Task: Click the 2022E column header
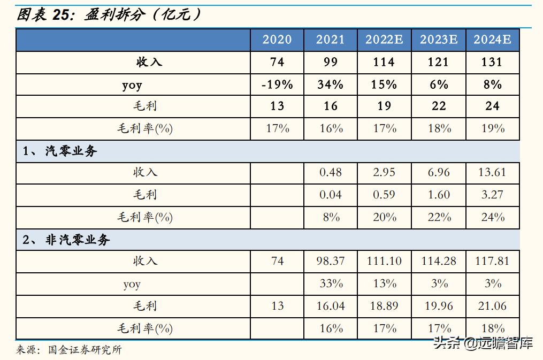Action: click(x=384, y=40)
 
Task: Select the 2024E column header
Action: click(x=492, y=40)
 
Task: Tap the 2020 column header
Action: click(x=277, y=40)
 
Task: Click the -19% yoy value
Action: click(x=277, y=85)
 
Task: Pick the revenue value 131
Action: click(x=492, y=62)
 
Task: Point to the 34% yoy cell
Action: click(x=331, y=85)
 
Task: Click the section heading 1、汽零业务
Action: click(x=60, y=151)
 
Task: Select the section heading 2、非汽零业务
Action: click(x=66, y=240)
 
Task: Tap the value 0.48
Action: click(x=331, y=173)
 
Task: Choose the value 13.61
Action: click(x=492, y=173)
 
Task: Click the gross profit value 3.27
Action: click(x=492, y=195)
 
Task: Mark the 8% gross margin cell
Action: click(x=331, y=217)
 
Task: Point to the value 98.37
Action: click(x=331, y=261)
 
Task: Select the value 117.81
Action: click(x=492, y=261)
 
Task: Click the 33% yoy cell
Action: click(x=331, y=284)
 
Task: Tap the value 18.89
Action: click(x=384, y=306)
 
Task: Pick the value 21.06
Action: click(x=492, y=306)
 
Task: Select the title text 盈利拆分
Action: click(x=114, y=15)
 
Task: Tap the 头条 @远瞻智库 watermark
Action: click(x=483, y=343)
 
